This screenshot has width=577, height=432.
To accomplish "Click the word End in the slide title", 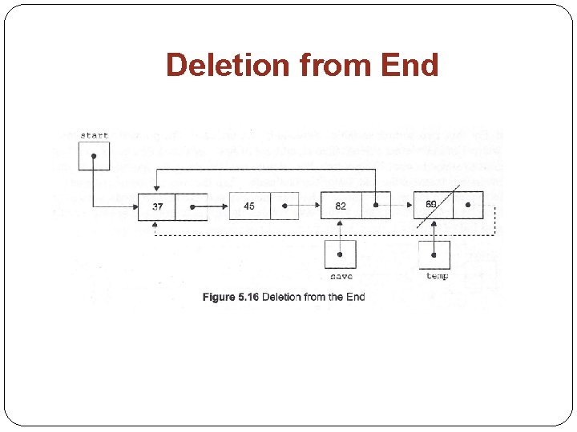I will click(410, 65).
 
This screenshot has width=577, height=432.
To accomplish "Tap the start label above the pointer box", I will click(94, 135).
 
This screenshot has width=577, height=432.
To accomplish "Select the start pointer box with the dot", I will click(94, 155).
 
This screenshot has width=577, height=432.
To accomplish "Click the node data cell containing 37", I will click(157, 206).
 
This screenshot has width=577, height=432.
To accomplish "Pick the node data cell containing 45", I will click(249, 206).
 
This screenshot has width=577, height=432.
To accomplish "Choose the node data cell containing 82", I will click(341, 206).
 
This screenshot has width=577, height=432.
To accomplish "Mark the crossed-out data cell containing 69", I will click(433, 206).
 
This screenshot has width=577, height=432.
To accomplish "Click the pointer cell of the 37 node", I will click(192, 206).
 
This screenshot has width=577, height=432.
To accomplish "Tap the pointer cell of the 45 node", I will click(284, 206).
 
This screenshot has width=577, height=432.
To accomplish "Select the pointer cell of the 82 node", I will click(376, 206).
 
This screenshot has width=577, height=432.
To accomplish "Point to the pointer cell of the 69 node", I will click(468, 206).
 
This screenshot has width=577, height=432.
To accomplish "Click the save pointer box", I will click(341, 254).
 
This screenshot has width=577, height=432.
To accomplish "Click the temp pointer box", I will click(434, 254).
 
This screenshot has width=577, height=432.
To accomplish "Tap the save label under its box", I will click(341, 277).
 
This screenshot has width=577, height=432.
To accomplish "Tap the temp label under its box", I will click(437, 277).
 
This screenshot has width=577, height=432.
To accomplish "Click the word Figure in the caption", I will click(219, 297).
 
